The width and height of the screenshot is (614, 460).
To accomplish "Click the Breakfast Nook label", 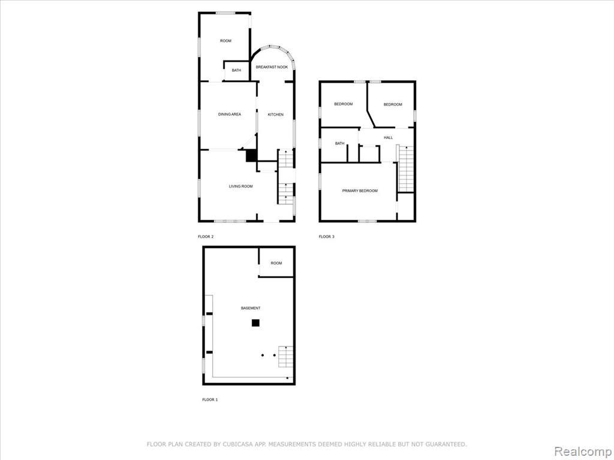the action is pyautogui.click(x=272, y=67).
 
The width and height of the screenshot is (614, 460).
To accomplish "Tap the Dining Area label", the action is pyautogui.click(x=230, y=114).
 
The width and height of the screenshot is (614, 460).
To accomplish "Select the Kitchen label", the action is pyautogui.click(x=275, y=114).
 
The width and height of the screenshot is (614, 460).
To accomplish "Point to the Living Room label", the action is pyautogui.click(x=241, y=187).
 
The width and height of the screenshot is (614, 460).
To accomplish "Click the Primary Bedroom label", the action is pyautogui.click(x=360, y=191).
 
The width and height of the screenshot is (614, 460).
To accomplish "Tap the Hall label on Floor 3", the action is pyautogui.click(x=389, y=138).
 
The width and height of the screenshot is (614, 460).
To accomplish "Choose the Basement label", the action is pyautogui.click(x=251, y=308).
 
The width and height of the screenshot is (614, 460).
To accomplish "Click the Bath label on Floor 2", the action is pyautogui.click(x=236, y=71).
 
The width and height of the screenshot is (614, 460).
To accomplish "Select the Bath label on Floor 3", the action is pyautogui.click(x=340, y=144).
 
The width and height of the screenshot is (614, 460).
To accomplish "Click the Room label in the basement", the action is pyautogui.click(x=276, y=264).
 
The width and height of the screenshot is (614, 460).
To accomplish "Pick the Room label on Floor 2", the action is pyautogui.click(x=225, y=41).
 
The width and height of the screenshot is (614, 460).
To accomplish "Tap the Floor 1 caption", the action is pyautogui.click(x=210, y=400).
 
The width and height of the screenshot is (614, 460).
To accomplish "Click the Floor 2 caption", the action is pyautogui.click(x=206, y=237).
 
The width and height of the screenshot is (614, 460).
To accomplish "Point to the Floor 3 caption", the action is pyautogui.click(x=327, y=237).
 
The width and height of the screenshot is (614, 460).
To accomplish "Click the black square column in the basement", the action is pyautogui.click(x=255, y=323).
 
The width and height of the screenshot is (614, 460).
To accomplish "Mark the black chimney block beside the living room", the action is pyautogui.click(x=251, y=156).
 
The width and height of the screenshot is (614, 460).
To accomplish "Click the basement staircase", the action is pyautogui.click(x=286, y=357).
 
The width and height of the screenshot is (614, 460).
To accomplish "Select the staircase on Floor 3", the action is pyautogui.click(x=406, y=169).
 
